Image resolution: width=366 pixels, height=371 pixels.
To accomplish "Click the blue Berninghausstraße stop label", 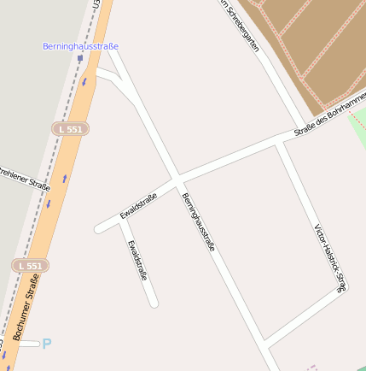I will click(80, 46).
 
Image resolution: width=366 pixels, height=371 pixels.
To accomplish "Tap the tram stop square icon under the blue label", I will click(80, 59).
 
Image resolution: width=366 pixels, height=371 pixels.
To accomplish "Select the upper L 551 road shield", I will click(70, 128).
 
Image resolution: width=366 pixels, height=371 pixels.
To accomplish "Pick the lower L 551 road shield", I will click(30, 266).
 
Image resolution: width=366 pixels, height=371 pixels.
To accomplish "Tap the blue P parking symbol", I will click(47, 344).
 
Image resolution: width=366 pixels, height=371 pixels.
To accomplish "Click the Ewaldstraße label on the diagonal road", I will click(138, 205).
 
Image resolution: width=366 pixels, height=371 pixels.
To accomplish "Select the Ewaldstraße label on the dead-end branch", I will click(137, 260).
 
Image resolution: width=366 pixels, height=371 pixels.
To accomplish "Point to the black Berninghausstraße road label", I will click(197, 221).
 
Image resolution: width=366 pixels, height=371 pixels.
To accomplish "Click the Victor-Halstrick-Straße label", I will click(329, 256).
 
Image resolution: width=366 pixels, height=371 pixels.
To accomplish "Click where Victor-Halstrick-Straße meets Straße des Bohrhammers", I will click(277, 143).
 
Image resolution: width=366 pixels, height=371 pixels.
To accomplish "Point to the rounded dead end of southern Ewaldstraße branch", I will click(154, 302).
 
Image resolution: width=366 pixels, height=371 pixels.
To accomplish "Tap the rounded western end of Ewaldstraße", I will click(99, 229).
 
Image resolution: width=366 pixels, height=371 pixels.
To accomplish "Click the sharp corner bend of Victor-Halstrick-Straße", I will click(343, 289).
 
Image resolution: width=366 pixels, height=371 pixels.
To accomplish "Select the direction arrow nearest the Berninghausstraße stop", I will click(84, 82).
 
